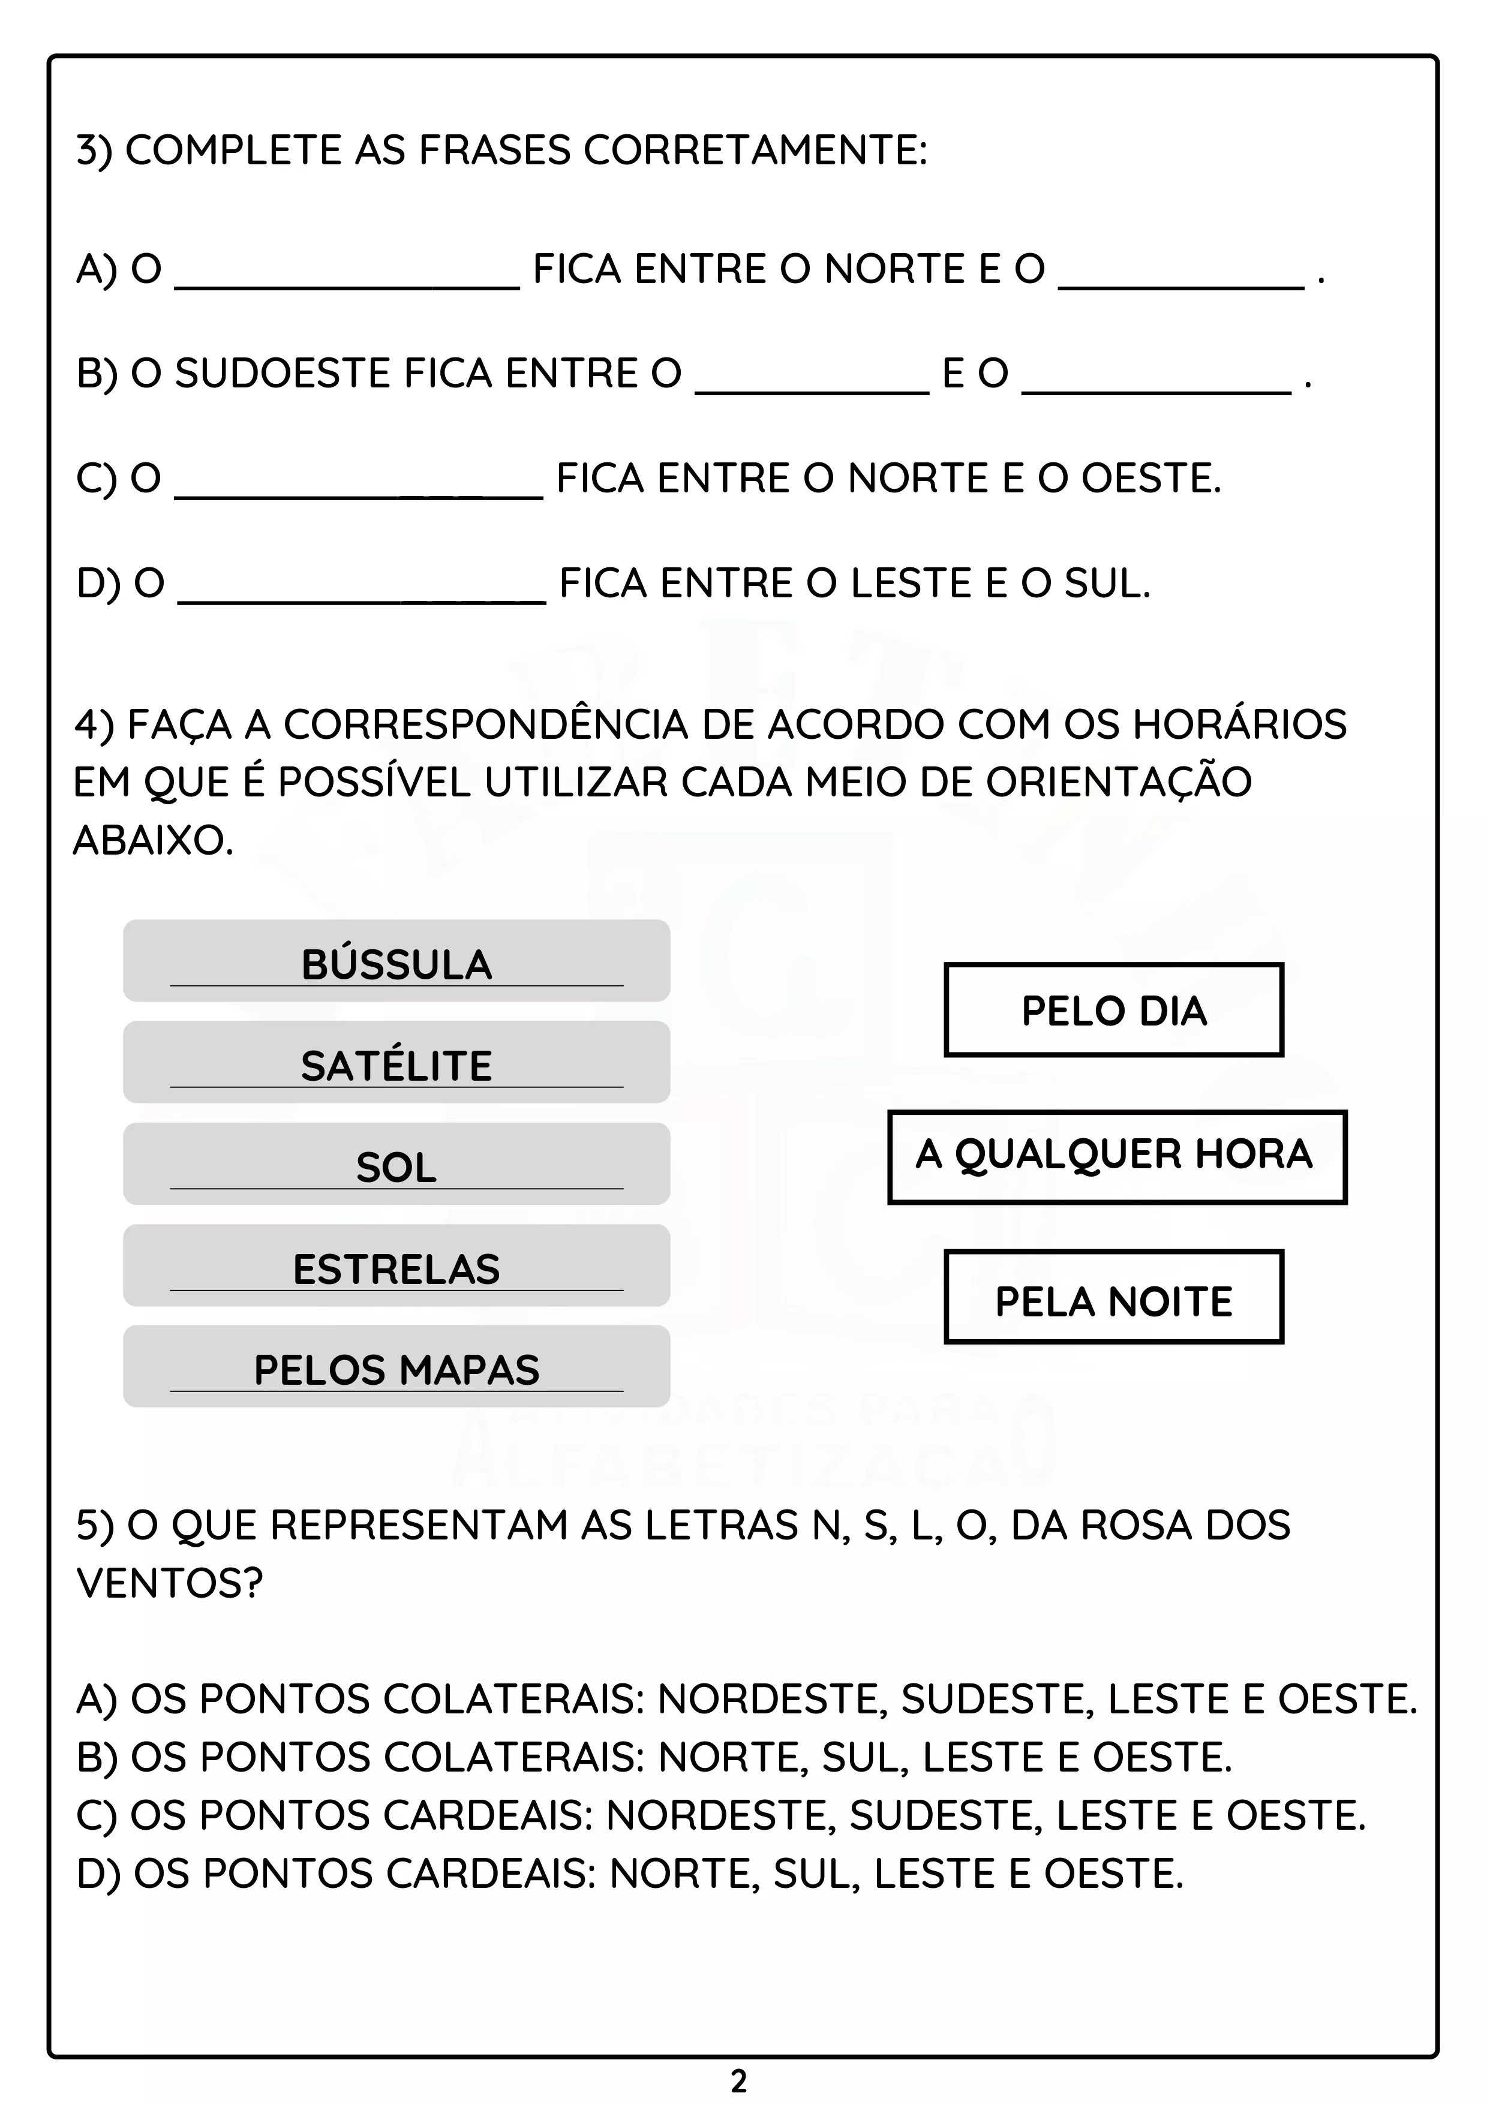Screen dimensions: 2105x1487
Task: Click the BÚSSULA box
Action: pos(396,961)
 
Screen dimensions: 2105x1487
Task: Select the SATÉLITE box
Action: pos(396,1061)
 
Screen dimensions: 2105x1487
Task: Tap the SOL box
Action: pos(396,1163)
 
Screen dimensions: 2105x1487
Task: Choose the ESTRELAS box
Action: pos(396,1265)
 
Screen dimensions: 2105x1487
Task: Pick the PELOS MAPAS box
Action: pos(396,1366)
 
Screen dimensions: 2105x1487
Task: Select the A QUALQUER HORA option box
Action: pos(1117,1156)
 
